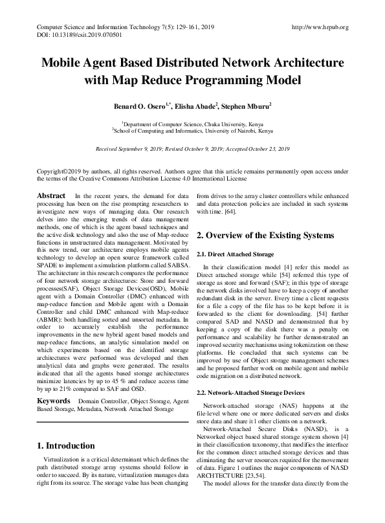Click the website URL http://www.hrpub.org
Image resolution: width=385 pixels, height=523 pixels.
[x=320, y=27]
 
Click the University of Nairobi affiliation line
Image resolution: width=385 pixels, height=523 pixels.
[x=192, y=129]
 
